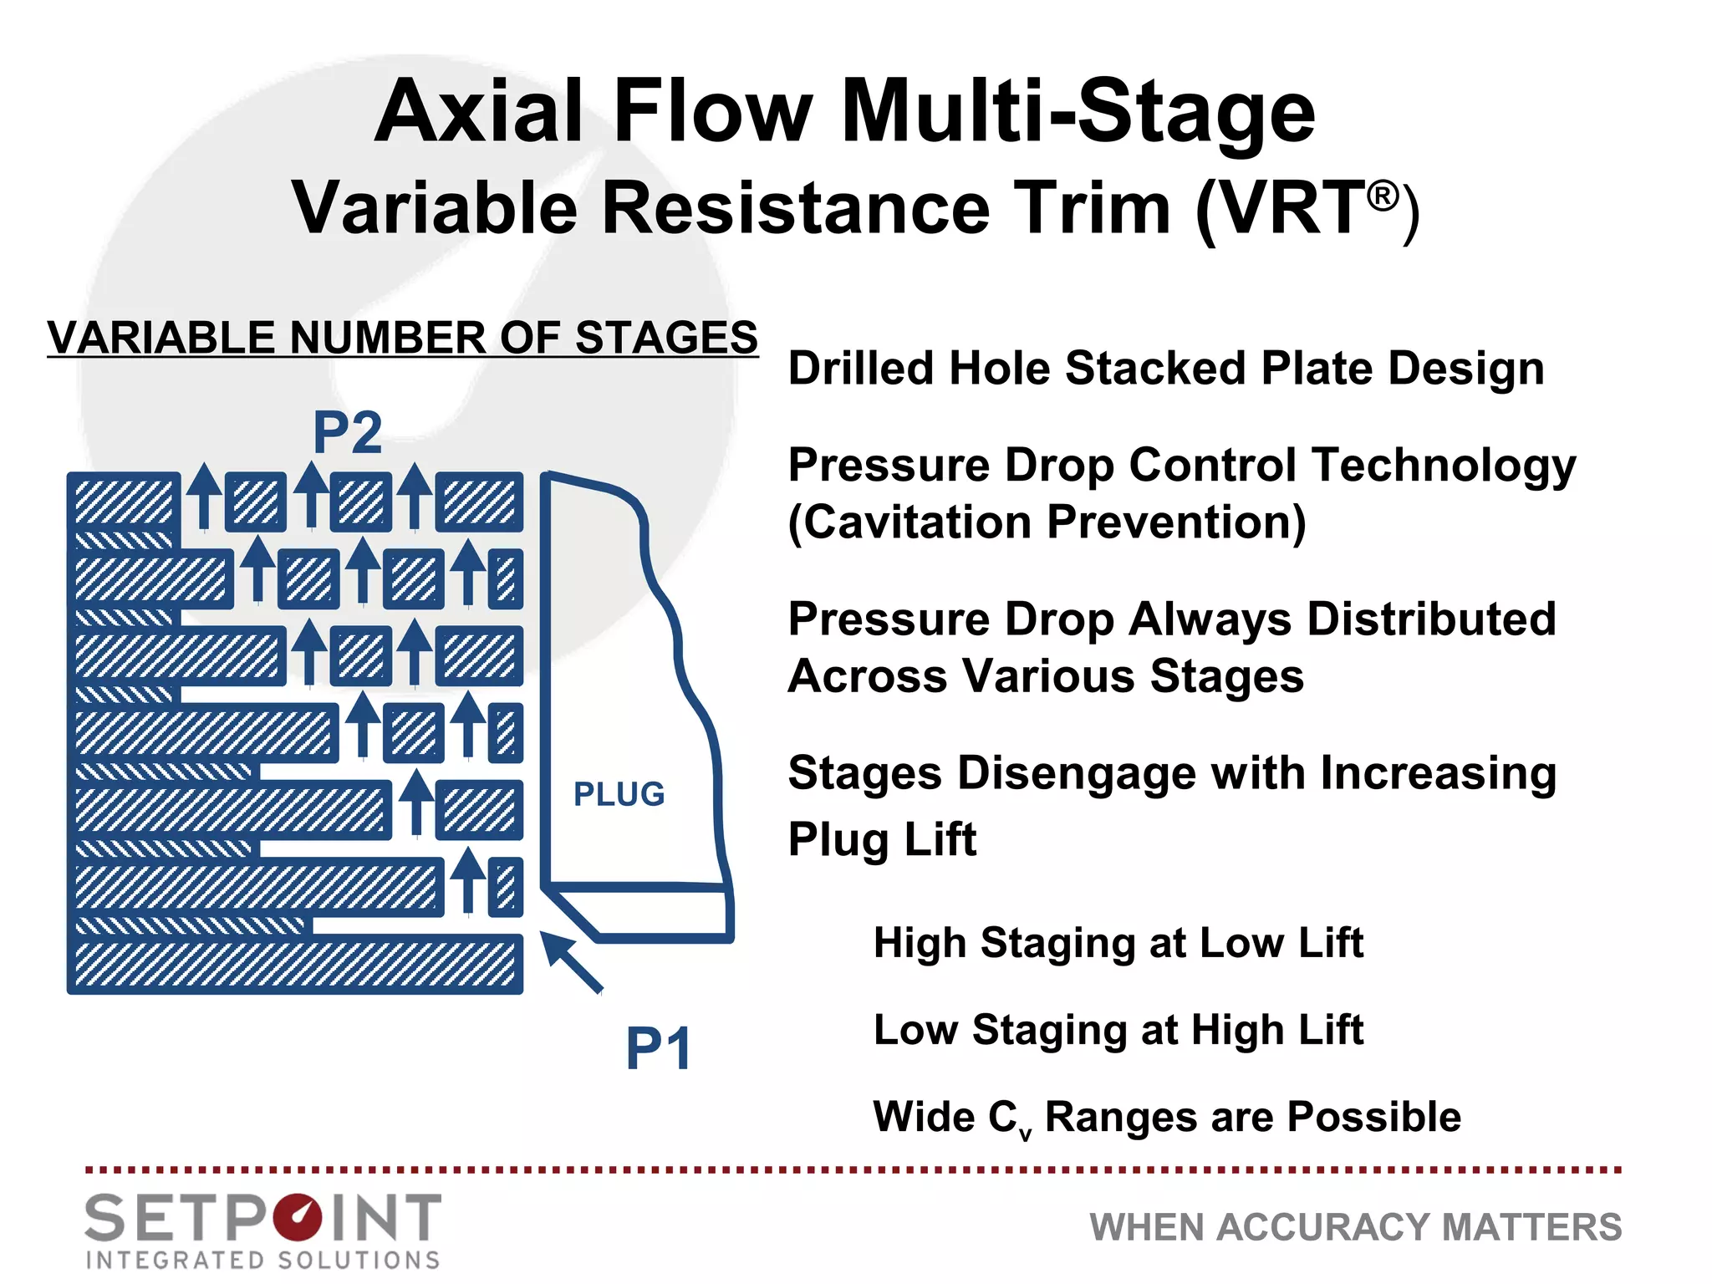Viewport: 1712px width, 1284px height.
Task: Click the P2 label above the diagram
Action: point(347,433)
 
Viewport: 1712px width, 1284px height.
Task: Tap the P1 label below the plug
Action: point(659,1048)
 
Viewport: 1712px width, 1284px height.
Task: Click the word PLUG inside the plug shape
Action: point(619,794)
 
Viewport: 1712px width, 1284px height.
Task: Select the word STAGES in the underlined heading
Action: point(666,338)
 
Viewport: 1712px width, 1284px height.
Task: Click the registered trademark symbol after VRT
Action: point(1383,196)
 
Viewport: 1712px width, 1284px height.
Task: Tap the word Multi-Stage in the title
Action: point(1078,112)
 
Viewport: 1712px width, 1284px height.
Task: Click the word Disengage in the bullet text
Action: point(1078,773)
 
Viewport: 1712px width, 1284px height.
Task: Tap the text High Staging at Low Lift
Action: point(1118,943)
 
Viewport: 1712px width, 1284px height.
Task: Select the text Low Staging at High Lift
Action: point(1118,1030)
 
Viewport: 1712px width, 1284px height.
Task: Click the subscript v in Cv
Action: point(1026,1134)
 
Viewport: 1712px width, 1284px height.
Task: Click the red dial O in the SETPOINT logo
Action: point(297,1218)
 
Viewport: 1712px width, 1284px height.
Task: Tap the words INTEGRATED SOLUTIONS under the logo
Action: point(262,1260)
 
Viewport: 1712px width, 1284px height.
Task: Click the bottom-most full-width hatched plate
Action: point(294,964)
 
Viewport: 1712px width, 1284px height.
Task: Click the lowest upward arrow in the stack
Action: point(469,879)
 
